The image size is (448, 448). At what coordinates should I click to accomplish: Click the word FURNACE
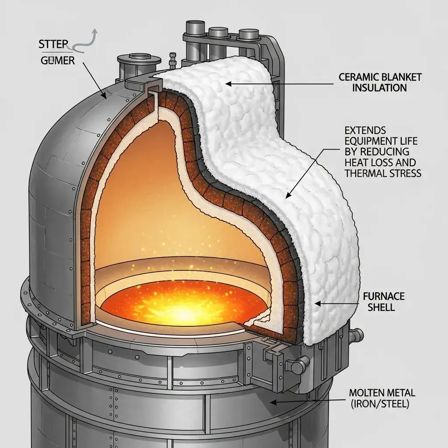(x=384, y=297)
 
